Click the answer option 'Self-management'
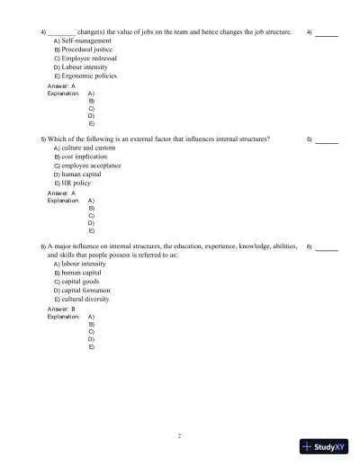(x=86, y=41)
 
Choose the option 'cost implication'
(x=85, y=157)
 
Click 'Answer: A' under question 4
(x=61, y=85)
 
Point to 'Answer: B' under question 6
(x=61, y=309)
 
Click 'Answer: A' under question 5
(x=61, y=193)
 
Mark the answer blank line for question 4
(x=328, y=34)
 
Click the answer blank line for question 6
(x=328, y=247)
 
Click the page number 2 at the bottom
(x=180, y=436)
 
